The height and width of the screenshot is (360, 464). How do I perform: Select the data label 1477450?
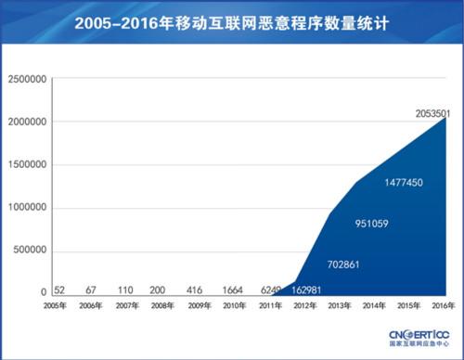(403, 183)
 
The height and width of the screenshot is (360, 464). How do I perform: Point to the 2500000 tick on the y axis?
(26, 80)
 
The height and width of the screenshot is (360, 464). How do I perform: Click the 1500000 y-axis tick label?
(26, 165)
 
